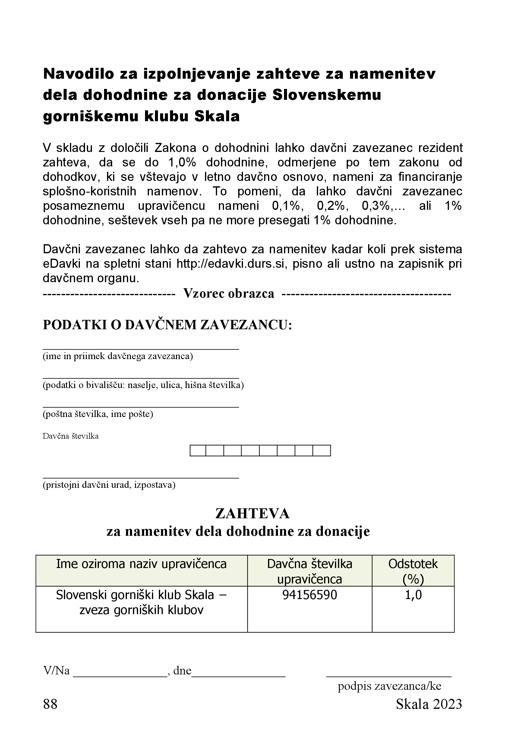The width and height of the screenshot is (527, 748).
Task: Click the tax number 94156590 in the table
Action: click(x=309, y=595)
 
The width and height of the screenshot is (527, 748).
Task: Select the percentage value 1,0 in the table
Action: click(x=413, y=595)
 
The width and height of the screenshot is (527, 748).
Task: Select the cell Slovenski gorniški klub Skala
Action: click(x=141, y=602)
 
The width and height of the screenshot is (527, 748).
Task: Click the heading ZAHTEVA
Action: click(x=252, y=514)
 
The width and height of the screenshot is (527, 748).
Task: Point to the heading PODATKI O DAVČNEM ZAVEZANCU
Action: click(x=167, y=325)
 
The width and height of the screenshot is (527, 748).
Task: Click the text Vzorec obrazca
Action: click(x=229, y=294)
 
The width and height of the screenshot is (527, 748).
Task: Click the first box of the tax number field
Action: click(x=198, y=450)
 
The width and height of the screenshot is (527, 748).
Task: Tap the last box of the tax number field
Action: click(x=321, y=450)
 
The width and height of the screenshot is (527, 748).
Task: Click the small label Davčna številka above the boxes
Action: click(x=70, y=436)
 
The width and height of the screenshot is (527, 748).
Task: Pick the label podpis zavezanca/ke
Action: click(x=389, y=686)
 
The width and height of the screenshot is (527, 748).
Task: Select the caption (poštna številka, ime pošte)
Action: click(x=98, y=414)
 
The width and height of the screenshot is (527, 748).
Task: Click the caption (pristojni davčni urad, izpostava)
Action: click(x=109, y=485)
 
